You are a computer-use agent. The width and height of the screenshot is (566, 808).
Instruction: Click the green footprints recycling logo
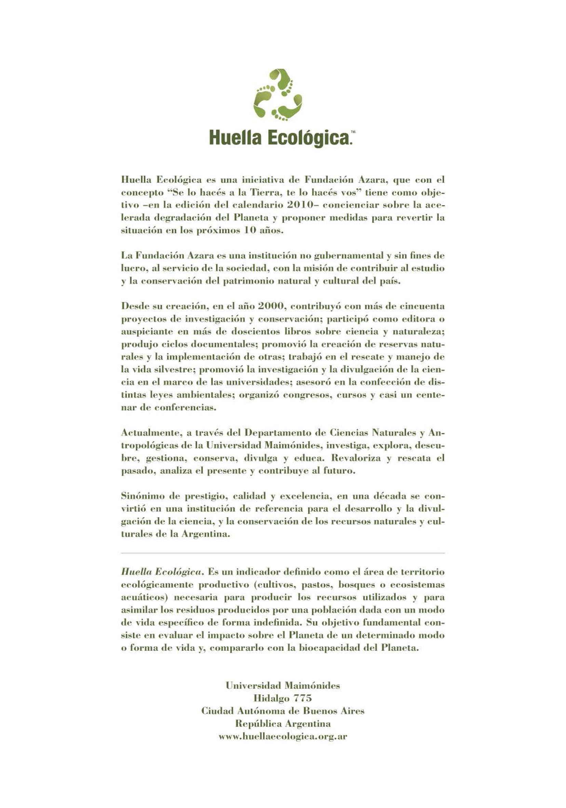pyautogui.click(x=278, y=95)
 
